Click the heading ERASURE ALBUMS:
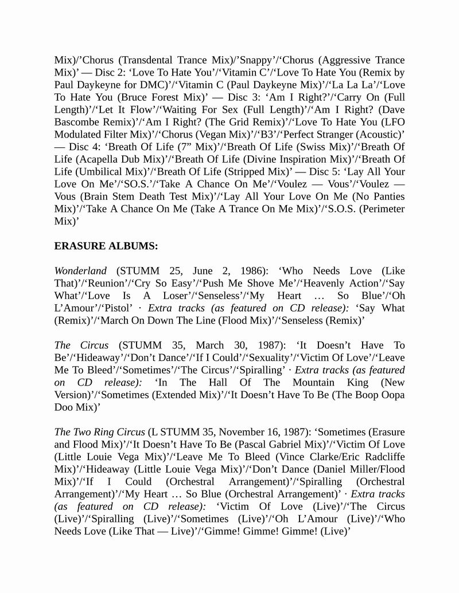point(106,246)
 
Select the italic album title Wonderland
point(80,271)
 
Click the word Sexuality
point(277,358)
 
